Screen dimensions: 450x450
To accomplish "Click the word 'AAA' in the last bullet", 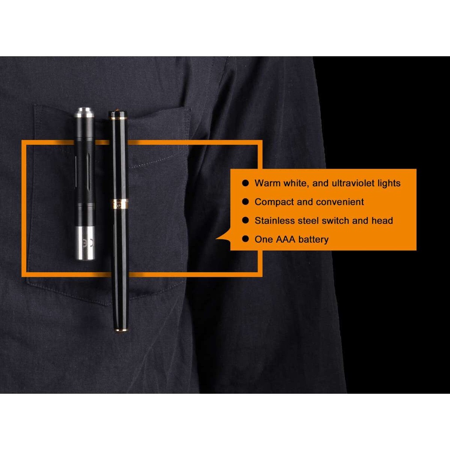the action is click(285, 240).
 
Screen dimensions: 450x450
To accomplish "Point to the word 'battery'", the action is click(313, 240).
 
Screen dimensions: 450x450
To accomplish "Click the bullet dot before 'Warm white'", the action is click(245, 183).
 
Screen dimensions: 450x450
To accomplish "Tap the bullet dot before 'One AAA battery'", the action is click(245, 239).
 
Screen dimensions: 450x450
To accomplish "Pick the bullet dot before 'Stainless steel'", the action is click(245, 220).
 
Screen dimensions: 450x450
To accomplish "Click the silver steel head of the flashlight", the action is click(85, 243).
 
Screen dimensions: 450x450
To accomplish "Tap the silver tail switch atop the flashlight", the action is click(84, 112).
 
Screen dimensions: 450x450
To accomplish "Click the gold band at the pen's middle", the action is click(120, 204).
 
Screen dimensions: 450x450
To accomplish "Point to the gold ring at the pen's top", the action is click(118, 117).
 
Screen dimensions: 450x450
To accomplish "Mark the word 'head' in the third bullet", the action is click(382, 221).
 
